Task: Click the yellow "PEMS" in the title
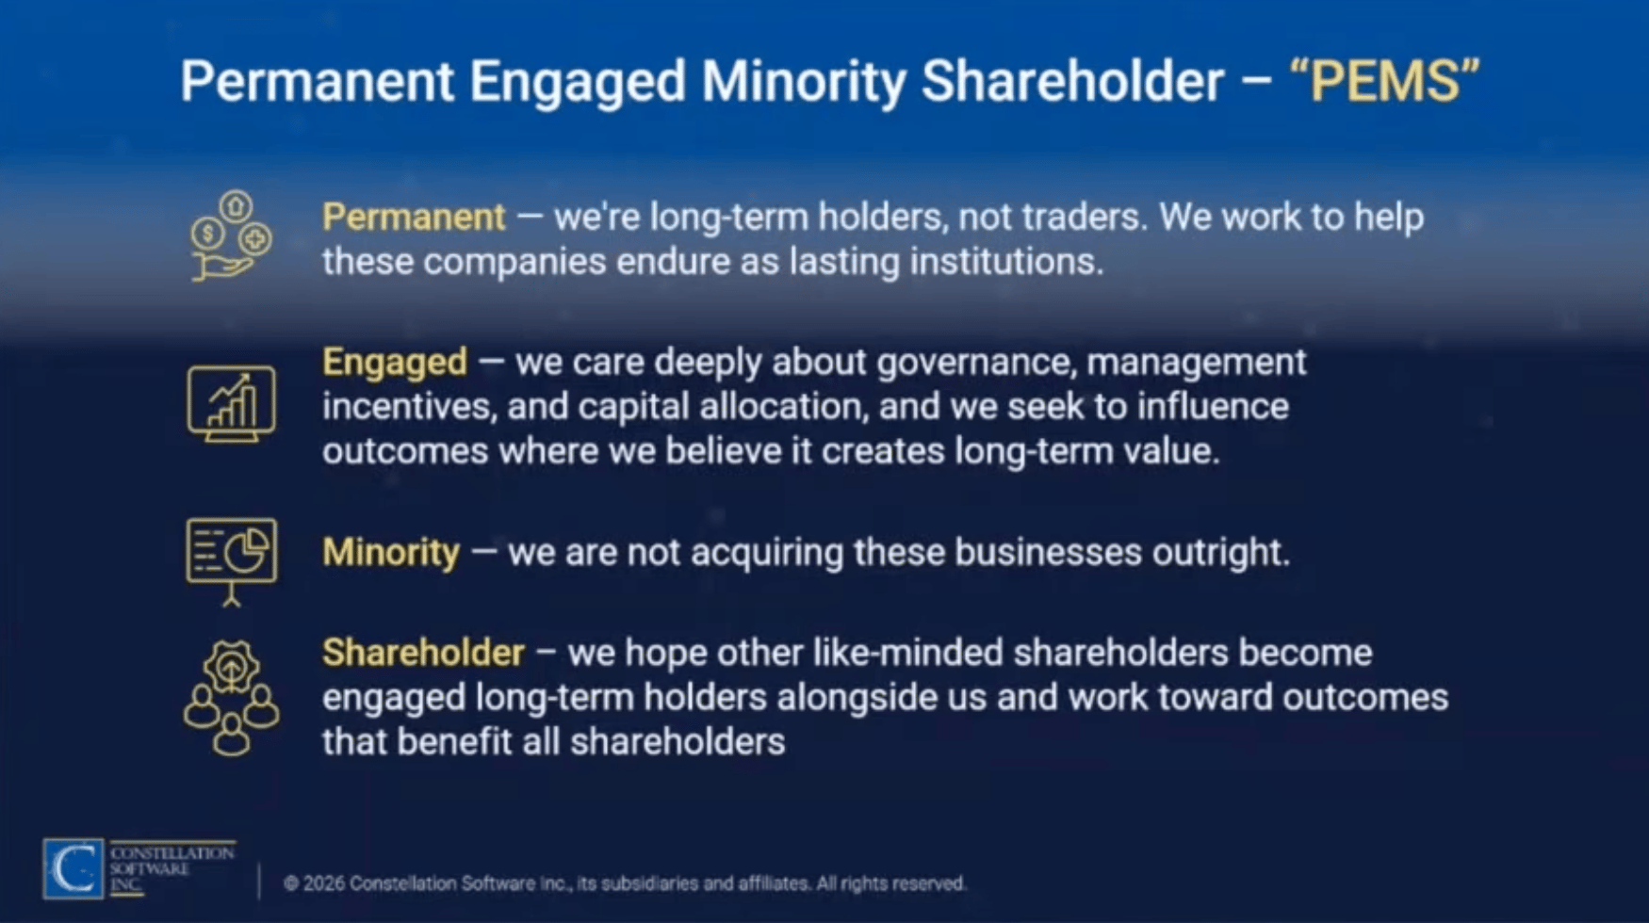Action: click(x=1384, y=81)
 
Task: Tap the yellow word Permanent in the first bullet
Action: click(x=414, y=218)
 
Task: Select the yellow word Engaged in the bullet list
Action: click(x=395, y=363)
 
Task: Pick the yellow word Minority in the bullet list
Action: click(x=391, y=552)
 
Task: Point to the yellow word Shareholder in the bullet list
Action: click(x=423, y=653)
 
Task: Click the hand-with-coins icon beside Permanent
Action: click(x=230, y=235)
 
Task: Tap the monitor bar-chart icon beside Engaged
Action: click(x=231, y=404)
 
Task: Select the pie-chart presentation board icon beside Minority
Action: click(x=231, y=561)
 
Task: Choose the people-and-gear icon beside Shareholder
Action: click(x=231, y=698)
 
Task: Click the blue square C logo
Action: click(x=73, y=868)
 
